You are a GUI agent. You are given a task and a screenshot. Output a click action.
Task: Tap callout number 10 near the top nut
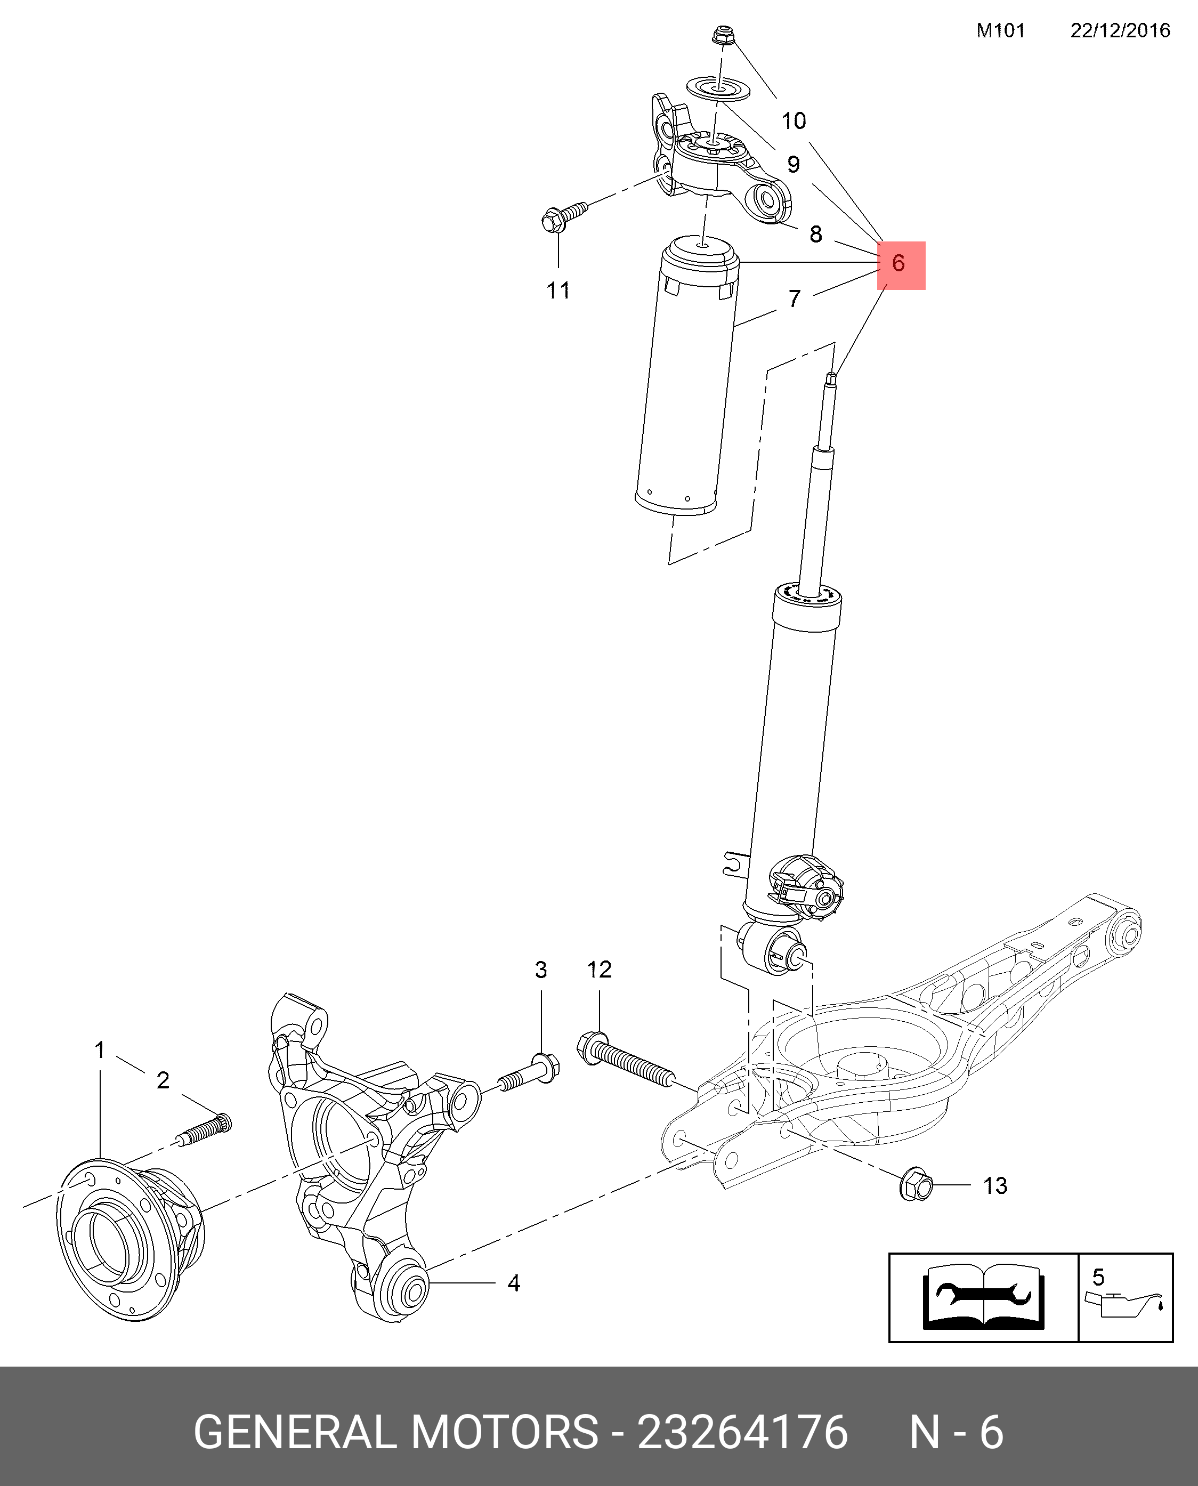coord(794,121)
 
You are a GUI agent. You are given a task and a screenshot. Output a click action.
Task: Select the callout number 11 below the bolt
coord(558,290)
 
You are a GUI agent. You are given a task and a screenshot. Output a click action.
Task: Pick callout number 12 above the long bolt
coord(599,970)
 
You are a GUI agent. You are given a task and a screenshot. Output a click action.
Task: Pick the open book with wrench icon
coord(983,1297)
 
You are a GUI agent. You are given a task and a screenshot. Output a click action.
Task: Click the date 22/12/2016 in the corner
coord(1119,30)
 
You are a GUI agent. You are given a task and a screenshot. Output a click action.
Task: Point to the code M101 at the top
coord(1001,30)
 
